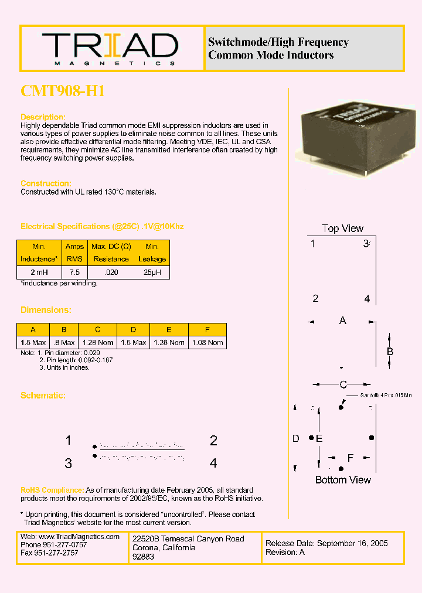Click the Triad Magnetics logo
click(110, 49)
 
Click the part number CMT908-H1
click(63, 91)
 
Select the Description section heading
click(43, 117)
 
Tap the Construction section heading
click(46, 183)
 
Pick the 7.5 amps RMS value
click(74, 272)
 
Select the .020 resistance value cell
click(111, 272)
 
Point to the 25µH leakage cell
click(152, 272)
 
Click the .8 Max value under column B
click(64, 342)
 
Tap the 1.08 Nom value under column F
click(207, 342)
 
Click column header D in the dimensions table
click(133, 329)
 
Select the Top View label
click(342, 229)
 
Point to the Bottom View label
click(343, 480)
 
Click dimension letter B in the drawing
click(390, 352)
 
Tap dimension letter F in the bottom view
click(350, 458)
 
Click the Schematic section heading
click(43, 396)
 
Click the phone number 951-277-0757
click(64, 544)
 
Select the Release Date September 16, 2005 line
click(326, 543)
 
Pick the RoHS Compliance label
click(52, 490)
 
